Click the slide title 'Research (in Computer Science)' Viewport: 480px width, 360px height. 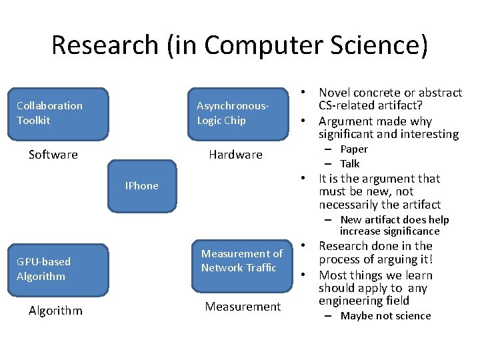[x=239, y=45]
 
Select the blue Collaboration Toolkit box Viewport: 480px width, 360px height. [x=62, y=113]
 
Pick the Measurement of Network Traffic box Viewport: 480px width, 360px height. [x=242, y=261]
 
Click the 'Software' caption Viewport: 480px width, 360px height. [x=53, y=155]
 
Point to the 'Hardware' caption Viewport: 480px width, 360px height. [x=235, y=155]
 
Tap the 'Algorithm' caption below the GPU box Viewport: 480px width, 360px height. [x=56, y=311]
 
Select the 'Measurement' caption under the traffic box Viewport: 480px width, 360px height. [x=243, y=307]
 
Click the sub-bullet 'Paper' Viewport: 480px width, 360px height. [x=353, y=149]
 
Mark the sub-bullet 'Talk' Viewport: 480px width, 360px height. [x=349, y=163]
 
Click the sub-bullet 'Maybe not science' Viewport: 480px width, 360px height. [x=385, y=316]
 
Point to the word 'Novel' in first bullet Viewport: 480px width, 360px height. [x=335, y=93]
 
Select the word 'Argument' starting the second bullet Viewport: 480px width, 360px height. [x=347, y=121]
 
